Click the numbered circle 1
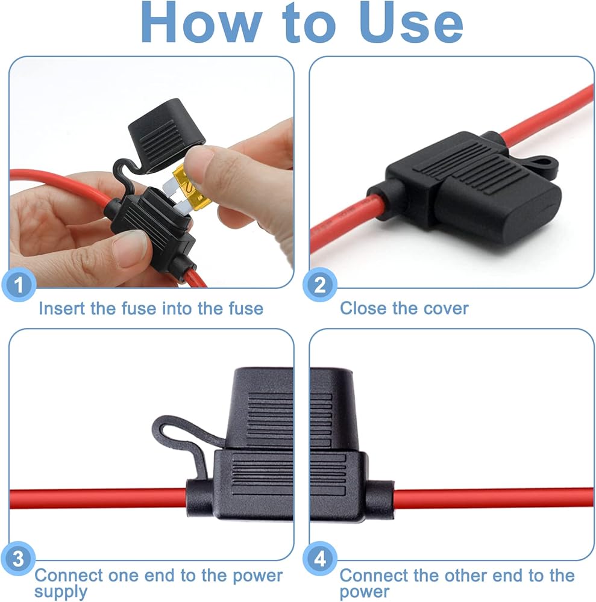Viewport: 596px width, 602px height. pos(19,285)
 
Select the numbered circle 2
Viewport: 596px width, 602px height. pos(320,285)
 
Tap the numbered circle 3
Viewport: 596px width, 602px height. pos(17,558)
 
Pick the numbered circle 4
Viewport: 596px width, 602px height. pos(320,558)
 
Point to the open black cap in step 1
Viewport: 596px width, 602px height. pos(166,134)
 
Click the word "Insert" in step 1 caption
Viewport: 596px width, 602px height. pos(62,308)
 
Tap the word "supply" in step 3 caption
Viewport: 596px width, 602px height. pos(61,592)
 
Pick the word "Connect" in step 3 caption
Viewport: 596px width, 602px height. pos(69,576)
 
